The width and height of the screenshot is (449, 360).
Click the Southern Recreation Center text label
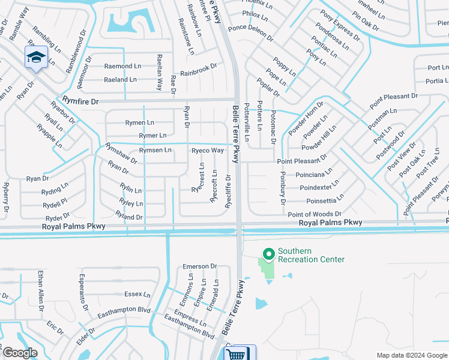coord(311,255)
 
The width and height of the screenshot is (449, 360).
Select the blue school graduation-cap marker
coord(36,58)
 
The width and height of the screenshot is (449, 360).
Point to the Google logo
coord(20,353)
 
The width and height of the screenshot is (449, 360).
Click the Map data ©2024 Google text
coord(412,355)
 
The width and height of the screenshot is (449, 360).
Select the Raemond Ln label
coord(122,66)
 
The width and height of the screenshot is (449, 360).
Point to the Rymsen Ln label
coord(155,150)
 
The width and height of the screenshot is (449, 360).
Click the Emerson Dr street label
coord(199,266)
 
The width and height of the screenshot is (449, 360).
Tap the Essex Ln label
coord(137,294)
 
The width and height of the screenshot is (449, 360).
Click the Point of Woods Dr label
coord(315,214)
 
